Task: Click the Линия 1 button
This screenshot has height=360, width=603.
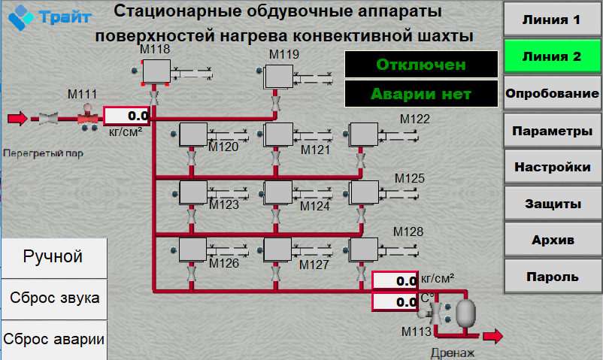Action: [552, 20]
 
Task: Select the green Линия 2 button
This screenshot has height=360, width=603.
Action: [552, 56]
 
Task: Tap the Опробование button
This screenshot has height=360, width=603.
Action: [552, 93]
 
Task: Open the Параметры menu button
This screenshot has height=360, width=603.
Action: [552, 131]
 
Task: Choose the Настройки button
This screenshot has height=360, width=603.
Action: [552, 167]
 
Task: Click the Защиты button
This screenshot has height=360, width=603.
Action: [552, 204]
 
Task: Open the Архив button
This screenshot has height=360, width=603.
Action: [552, 240]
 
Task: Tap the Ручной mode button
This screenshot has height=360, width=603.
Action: [54, 257]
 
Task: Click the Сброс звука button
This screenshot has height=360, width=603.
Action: [54, 298]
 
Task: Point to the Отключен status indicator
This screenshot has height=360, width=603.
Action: [421, 65]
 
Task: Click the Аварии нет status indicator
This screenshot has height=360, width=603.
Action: [421, 94]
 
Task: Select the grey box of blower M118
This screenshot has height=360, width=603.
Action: [156, 71]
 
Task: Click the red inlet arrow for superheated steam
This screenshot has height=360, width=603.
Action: [17, 119]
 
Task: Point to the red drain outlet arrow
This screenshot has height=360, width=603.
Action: [493, 336]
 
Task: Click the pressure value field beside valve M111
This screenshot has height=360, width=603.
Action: [126, 116]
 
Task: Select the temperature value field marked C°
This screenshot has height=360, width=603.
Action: [395, 302]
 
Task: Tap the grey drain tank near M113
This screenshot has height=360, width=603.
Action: [465, 313]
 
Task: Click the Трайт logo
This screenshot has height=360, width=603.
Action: [50, 17]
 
